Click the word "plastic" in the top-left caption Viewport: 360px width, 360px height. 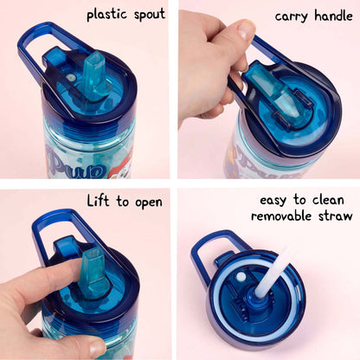(106, 14)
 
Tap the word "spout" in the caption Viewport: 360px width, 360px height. (150, 15)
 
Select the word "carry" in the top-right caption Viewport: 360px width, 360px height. (291, 16)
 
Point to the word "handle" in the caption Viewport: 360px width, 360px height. (333, 15)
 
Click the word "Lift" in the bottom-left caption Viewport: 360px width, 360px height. (98, 201)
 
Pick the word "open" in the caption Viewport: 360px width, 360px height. (149, 203)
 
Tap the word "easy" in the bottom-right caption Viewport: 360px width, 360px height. (273, 201)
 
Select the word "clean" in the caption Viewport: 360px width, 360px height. (328, 200)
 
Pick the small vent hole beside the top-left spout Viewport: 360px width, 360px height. (70, 77)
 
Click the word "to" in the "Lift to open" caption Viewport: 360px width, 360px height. (123, 201)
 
